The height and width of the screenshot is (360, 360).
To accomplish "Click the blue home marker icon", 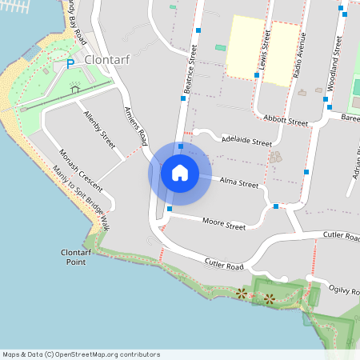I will [x=179, y=172].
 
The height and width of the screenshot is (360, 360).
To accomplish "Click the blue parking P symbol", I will [x=70, y=64].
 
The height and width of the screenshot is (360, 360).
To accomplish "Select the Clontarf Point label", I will [x=78, y=256].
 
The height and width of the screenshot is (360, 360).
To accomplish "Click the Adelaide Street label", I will [x=247, y=141].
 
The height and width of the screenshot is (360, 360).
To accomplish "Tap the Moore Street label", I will [x=223, y=225].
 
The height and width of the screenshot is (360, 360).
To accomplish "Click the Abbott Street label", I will [x=286, y=121].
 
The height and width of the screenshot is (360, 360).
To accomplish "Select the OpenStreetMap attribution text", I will [x=81, y=354].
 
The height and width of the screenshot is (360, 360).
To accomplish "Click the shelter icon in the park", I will [x=76, y=89].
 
